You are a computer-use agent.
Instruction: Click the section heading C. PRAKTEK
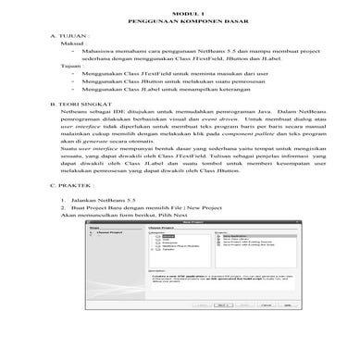73,210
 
